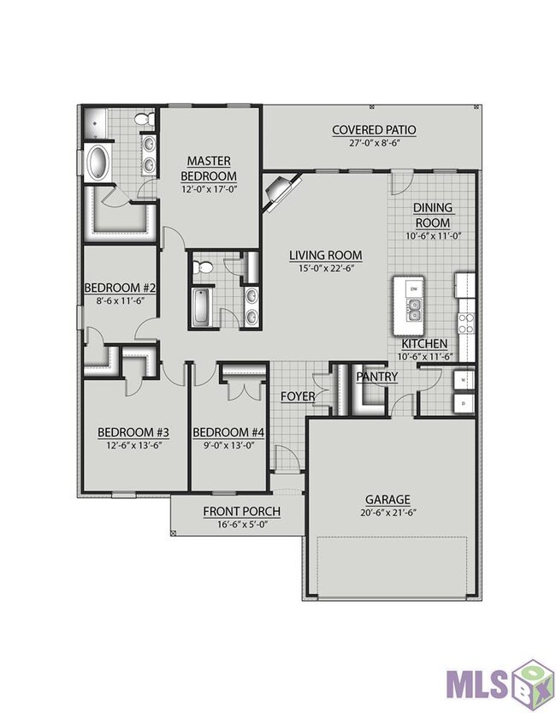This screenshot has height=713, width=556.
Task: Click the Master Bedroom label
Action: pyautogui.click(x=209, y=168)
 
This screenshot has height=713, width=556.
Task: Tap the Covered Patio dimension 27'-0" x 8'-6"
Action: pyautogui.click(x=374, y=142)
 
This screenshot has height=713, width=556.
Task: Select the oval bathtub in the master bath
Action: pyautogui.click(x=98, y=163)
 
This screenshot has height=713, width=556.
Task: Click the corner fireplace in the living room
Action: pyautogui.click(x=282, y=191)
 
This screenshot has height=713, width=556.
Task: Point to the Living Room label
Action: pyautogui.click(x=326, y=255)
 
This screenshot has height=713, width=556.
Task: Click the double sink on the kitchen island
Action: pyautogui.click(x=414, y=310)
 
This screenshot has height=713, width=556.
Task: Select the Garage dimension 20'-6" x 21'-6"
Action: pyautogui.click(x=387, y=513)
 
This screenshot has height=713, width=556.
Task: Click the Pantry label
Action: pyautogui.click(x=376, y=377)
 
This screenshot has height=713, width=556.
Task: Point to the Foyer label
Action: pyautogui.click(x=298, y=396)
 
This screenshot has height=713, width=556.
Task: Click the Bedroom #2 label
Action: pyautogui.click(x=121, y=288)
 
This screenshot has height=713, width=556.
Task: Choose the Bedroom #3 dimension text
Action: pyautogui.click(x=133, y=445)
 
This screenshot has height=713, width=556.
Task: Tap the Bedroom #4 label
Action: pyautogui.click(x=228, y=432)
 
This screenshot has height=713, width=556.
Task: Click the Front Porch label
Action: pyautogui.click(x=242, y=512)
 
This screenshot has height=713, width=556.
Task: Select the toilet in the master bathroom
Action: pyautogui.click(x=145, y=119)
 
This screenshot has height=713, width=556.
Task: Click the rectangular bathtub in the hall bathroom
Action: pyautogui.click(x=200, y=307)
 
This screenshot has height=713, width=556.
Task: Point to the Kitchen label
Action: pyautogui.click(x=424, y=344)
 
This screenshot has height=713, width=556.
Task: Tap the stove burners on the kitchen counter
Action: pyautogui.click(x=466, y=324)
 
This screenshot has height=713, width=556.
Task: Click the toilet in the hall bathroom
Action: pyautogui.click(x=202, y=267)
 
